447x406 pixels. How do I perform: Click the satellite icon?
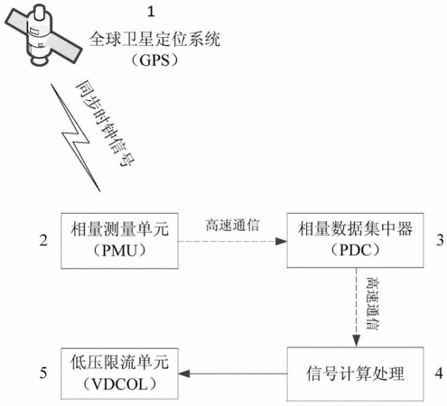tap(42, 33)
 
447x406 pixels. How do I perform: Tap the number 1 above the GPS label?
tap(151, 12)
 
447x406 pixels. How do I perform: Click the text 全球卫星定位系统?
tap(154, 40)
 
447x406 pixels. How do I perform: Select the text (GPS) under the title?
tap(154, 60)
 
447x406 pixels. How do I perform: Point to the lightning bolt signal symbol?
tap(75, 138)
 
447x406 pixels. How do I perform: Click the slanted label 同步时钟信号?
tap(105, 123)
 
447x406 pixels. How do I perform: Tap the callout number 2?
tap(43, 241)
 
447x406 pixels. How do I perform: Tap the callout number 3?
tap(440, 240)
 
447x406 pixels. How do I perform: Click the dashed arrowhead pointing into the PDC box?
tap(282, 241)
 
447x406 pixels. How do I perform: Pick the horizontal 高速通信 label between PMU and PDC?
tap(232, 226)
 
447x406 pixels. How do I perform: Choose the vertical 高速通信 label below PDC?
tap(373, 303)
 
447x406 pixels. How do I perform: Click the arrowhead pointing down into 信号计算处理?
tap(357, 341)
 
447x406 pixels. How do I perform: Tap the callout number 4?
tap(439, 374)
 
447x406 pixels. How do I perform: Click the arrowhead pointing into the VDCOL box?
tap(184, 374)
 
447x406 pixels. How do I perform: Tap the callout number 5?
tap(43, 373)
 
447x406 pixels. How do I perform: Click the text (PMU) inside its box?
tap(119, 250)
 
